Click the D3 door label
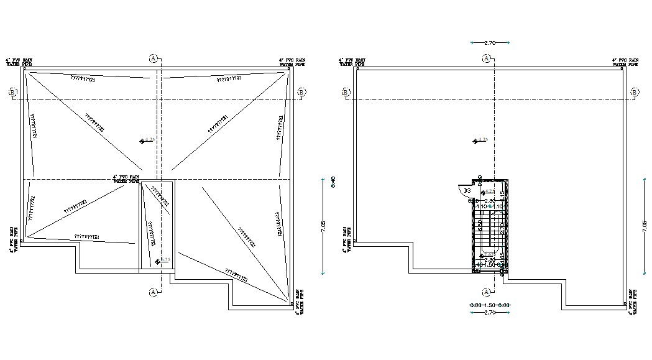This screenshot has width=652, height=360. [x=467, y=190]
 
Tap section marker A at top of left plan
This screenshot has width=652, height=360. [x=153, y=58]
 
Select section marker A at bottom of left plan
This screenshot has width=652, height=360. [x=153, y=292]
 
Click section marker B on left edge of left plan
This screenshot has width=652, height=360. [x=12, y=93]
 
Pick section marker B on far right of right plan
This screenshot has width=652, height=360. [x=635, y=93]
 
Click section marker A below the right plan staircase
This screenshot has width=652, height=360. [x=485, y=292]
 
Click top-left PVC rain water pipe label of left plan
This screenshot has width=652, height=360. [x=19, y=62]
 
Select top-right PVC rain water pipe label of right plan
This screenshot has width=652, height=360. [x=625, y=62]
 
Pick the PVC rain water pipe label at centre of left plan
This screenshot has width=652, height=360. [x=127, y=177]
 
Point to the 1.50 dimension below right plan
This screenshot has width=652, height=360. [x=489, y=305]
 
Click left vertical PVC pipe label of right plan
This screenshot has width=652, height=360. [x=346, y=239]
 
